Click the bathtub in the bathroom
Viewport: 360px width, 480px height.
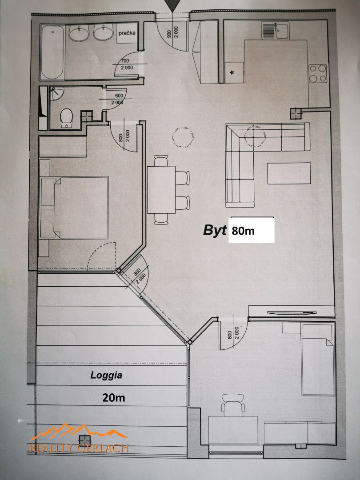click(52, 52)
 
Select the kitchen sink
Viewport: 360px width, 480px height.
click(275, 30)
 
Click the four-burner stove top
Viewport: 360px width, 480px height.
click(318, 73)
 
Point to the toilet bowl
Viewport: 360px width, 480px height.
click(66, 118)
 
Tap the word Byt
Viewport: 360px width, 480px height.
click(215, 230)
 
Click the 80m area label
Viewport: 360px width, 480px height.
click(243, 231)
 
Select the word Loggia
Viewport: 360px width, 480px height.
click(106, 375)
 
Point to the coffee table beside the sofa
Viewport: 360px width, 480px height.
click(289, 173)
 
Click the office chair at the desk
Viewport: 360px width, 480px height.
click(233, 405)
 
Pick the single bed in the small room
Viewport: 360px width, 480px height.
click(318, 360)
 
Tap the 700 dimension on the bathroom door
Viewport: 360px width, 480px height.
click(125, 61)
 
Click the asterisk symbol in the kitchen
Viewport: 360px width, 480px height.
click(232, 72)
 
